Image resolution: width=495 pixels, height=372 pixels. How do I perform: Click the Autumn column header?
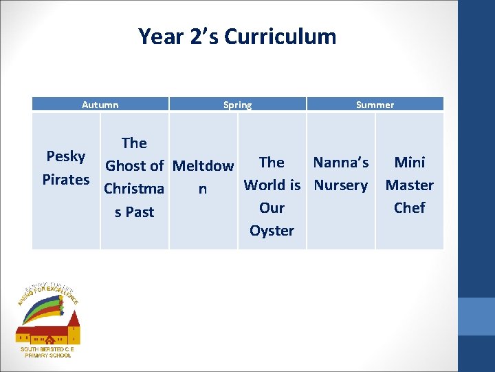(100, 105)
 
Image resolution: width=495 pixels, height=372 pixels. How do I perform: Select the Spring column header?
(237, 105)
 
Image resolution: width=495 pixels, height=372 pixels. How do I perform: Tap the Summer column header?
(375, 105)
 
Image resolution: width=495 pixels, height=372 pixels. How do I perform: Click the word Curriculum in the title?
(280, 36)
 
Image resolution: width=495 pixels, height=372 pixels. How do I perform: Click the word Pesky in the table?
(66, 156)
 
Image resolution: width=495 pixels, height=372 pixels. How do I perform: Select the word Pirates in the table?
(66, 180)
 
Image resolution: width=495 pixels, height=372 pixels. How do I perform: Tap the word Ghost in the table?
(124, 166)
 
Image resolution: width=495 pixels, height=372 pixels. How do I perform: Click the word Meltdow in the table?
(203, 166)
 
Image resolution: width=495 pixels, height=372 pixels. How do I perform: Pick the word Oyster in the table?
(272, 231)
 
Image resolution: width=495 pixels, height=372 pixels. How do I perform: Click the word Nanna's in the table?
(341, 163)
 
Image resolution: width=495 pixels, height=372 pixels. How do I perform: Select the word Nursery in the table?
(341, 185)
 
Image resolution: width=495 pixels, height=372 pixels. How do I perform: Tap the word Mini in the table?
(410, 163)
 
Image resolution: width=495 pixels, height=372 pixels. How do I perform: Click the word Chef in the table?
(410, 208)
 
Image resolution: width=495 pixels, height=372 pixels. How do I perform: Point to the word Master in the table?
(410, 185)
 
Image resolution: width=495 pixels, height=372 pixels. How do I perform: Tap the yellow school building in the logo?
(48, 333)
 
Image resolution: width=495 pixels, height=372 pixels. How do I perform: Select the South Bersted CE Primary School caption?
(47, 352)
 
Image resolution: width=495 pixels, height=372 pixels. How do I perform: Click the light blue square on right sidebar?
(476, 316)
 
